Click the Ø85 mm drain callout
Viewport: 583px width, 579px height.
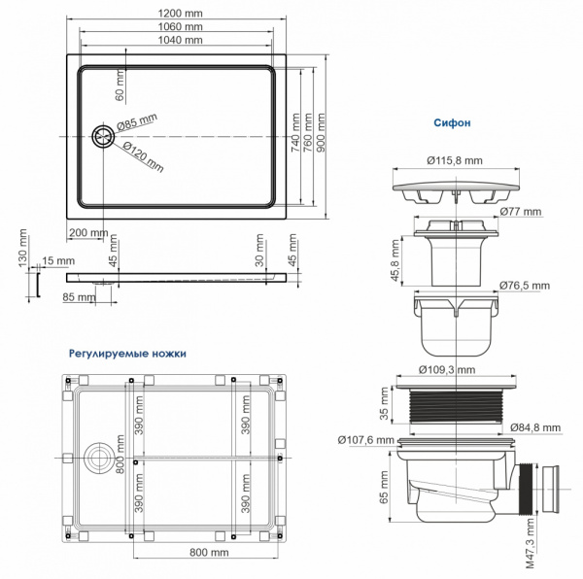[x=137, y=122]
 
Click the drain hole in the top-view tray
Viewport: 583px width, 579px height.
[x=100, y=137]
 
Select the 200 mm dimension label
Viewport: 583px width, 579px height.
[x=88, y=233]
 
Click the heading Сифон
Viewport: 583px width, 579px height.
[x=453, y=123]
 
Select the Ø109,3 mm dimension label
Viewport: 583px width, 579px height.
[x=447, y=370]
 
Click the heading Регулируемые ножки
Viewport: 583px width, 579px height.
[x=127, y=354]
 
